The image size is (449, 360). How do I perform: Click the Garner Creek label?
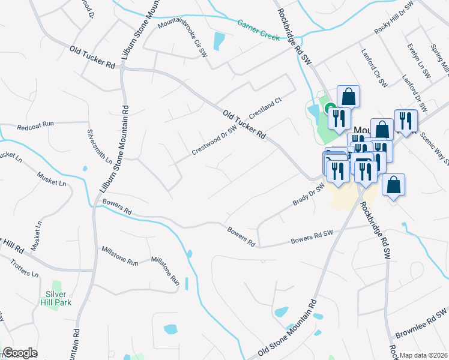pos(258,31)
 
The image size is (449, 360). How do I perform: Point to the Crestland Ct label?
pos(265,109)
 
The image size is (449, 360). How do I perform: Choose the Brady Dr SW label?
pos(309,195)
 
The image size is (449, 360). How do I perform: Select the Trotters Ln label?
pos(25,267)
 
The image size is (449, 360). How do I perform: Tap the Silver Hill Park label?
pos(58,298)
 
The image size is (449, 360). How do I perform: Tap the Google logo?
pos(20,353)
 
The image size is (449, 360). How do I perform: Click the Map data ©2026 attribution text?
pos(424,355)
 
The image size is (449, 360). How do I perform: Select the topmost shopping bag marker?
pos(348,95)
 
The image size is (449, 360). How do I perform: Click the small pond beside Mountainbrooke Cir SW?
pos(219,41)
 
